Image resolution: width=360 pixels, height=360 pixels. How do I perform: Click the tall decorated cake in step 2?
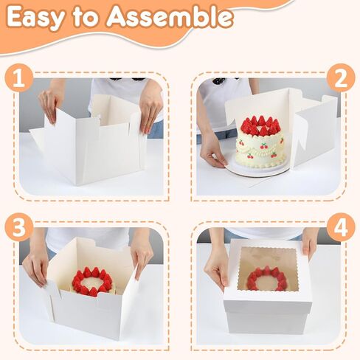(260, 145)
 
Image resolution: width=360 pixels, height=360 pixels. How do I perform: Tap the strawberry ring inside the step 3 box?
(92, 282)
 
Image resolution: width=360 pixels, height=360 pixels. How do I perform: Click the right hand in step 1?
(150, 111)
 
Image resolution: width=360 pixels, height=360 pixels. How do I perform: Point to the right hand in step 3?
(141, 255)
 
